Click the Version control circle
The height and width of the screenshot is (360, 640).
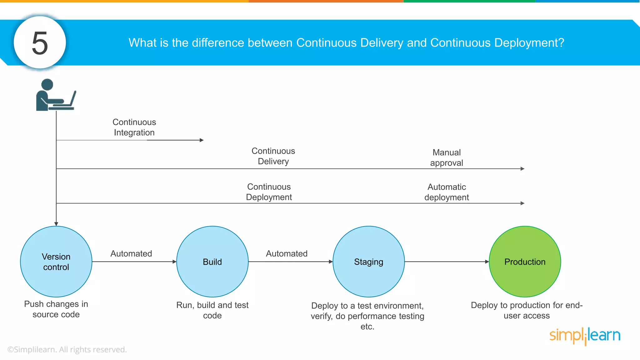point(56,262)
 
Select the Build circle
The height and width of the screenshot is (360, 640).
point(212,262)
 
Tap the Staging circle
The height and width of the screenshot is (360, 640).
point(369,262)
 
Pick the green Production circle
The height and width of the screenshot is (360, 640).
point(525,262)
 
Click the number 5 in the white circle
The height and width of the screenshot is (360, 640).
point(40,43)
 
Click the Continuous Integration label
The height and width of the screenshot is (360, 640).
point(134,127)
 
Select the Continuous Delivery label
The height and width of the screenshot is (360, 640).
point(273,156)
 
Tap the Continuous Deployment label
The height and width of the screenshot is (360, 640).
point(269,192)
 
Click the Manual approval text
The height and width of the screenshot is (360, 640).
point(447,157)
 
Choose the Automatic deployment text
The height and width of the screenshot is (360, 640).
point(447,192)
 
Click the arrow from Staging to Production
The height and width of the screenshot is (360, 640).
point(447,262)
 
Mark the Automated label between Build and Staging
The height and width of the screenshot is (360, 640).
point(287,253)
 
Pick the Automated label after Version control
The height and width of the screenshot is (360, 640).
point(131,253)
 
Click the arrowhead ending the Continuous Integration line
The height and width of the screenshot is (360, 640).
point(202,140)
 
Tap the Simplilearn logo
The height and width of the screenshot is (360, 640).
point(585,336)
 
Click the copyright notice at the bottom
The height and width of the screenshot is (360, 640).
point(67,349)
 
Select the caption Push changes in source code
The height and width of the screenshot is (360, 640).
point(56,309)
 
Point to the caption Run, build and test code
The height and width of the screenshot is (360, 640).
point(212,310)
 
